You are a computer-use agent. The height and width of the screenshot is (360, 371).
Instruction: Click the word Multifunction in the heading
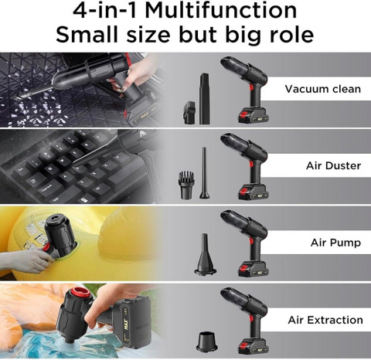221,10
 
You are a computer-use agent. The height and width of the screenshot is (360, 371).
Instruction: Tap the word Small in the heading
87,34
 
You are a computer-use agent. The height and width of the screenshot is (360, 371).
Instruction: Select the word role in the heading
291,34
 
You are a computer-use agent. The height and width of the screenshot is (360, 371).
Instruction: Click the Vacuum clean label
323,89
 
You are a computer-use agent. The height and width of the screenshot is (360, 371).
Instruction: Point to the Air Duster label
333,165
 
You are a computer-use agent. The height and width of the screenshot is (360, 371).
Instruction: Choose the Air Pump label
335,243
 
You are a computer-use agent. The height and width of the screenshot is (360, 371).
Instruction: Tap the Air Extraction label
325,320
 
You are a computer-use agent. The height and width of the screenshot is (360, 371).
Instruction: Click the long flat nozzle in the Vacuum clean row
204,99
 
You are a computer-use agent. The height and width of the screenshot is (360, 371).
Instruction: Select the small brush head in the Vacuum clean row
189,113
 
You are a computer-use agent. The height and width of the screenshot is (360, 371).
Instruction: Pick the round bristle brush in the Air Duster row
186,185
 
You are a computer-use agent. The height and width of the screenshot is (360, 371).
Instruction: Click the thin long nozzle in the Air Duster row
204,173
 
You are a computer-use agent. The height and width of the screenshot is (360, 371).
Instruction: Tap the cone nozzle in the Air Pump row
205,254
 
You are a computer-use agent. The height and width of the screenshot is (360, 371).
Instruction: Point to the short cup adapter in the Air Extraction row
206,342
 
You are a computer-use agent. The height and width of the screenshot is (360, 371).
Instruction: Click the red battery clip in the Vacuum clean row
243,117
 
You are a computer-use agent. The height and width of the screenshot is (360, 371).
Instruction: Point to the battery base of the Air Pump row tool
253,269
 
